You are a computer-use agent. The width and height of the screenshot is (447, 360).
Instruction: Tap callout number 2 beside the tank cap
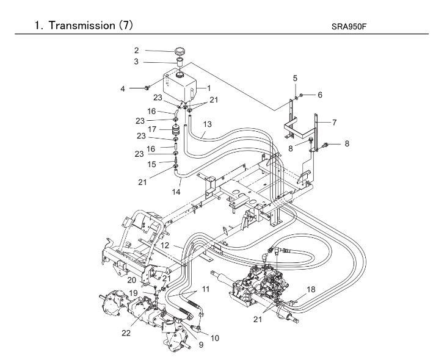coord(137,51)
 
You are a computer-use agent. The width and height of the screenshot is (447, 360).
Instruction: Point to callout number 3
coord(137,62)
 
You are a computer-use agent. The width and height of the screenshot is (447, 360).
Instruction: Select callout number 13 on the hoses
coord(207,124)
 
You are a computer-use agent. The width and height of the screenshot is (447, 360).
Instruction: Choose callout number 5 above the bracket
coord(295,79)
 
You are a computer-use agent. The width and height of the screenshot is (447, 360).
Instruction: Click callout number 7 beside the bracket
coord(334,122)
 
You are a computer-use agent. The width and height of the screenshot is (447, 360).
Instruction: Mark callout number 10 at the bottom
coord(215,337)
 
